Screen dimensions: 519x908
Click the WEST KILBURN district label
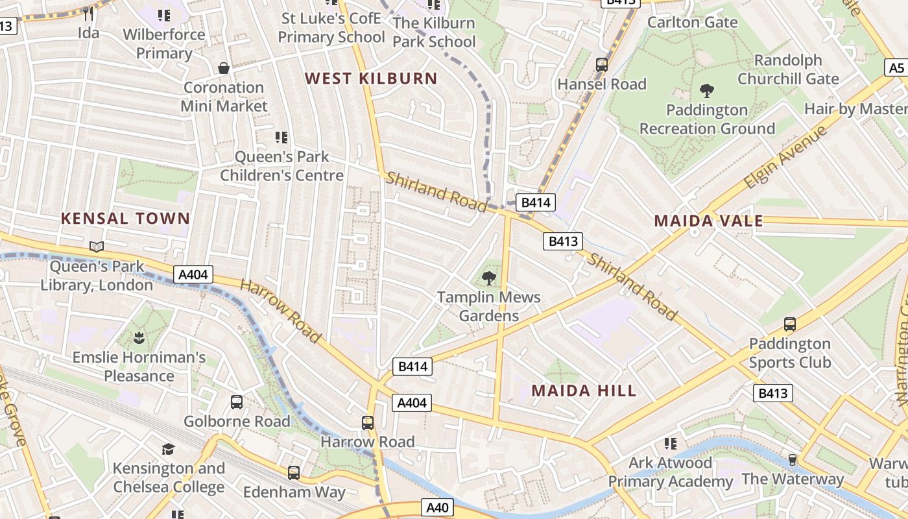coord(371,79)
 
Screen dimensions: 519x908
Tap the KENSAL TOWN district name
coord(125,219)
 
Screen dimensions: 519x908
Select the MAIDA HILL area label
coord(584,391)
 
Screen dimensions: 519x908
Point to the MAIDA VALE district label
coord(708,221)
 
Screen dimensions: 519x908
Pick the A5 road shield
coord(896,67)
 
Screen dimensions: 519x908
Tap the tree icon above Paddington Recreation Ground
coord(707,91)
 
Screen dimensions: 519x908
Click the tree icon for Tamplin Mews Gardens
coord(489,278)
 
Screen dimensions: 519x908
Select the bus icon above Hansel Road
coord(602,65)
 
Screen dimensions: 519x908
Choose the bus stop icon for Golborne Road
coord(237,402)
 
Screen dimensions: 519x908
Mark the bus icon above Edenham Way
coord(294,473)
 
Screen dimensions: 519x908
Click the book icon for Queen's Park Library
coord(97,247)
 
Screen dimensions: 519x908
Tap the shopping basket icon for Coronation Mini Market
coord(224,68)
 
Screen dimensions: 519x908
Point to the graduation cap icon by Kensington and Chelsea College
coord(169,449)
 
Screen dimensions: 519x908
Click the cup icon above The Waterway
coord(792,460)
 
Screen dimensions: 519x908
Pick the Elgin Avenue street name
coord(785,158)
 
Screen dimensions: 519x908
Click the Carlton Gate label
coord(693,23)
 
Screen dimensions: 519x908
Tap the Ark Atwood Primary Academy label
coord(670,472)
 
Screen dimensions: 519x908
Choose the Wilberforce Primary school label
coord(164,43)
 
